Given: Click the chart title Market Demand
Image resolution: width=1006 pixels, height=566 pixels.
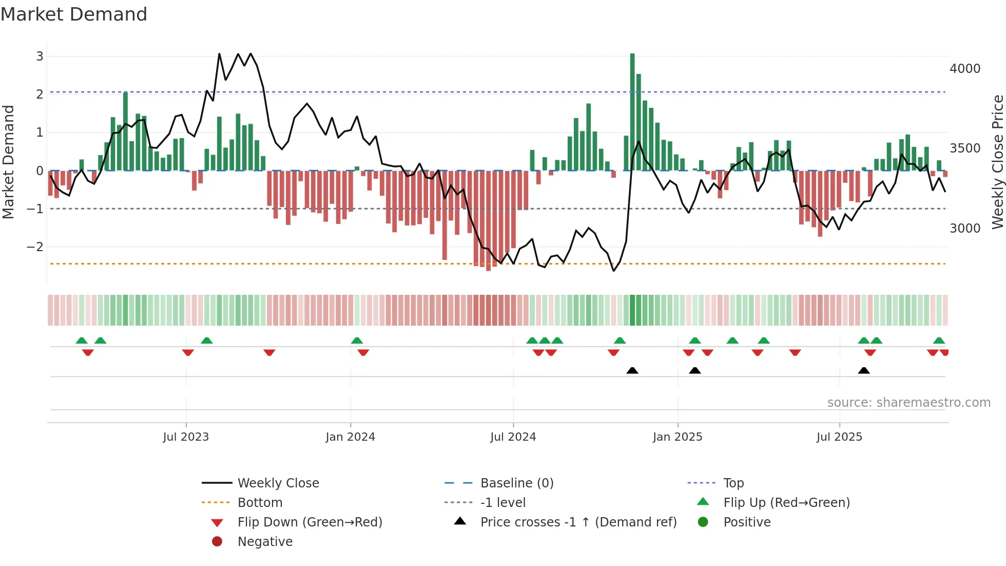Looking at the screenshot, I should pyautogui.click(x=74, y=14).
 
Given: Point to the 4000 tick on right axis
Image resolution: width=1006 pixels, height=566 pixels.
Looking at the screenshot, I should pyautogui.click(x=964, y=69).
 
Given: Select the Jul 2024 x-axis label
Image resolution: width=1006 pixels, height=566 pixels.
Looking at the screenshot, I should pyautogui.click(x=513, y=437).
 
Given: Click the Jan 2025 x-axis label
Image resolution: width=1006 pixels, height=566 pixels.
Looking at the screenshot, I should pyautogui.click(x=677, y=437).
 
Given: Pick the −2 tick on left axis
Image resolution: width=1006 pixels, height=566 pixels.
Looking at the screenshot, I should pyautogui.click(x=35, y=247).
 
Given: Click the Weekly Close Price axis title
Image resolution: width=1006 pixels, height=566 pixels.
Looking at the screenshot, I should pyautogui.click(x=997, y=162).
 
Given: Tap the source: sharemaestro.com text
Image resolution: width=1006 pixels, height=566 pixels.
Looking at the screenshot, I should pyautogui.click(x=908, y=403).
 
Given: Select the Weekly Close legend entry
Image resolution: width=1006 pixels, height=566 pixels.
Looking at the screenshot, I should pyautogui.click(x=278, y=483).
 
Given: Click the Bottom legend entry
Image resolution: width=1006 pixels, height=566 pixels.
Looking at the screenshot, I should pyautogui.click(x=260, y=503).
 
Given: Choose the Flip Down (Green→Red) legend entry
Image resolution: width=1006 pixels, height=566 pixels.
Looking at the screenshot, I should pyautogui.click(x=309, y=522).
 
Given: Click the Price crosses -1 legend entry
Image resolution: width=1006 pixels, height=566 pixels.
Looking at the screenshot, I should pyautogui.click(x=578, y=522).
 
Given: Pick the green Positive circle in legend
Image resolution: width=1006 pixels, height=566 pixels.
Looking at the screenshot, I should pyautogui.click(x=703, y=522).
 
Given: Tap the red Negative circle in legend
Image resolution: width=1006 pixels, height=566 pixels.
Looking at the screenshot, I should pyautogui.click(x=217, y=542).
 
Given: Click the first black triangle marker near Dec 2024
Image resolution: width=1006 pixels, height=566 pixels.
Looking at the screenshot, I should pyautogui.click(x=632, y=371).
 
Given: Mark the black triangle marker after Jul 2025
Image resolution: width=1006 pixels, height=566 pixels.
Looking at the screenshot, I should pyautogui.click(x=864, y=371).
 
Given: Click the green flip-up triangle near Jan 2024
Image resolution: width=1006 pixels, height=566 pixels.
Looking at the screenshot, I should pyautogui.click(x=357, y=341).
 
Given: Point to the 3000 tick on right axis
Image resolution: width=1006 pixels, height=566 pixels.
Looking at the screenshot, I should pyautogui.click(x=964, y=229).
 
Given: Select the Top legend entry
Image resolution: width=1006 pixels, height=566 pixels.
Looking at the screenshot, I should pyautogui.click(x=733, y=483).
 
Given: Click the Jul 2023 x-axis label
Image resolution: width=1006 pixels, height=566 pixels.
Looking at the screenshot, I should pyautogui.click(x=186, y=437).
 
